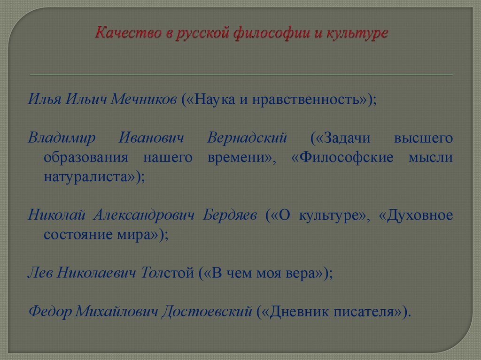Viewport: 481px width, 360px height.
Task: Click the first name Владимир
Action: (x=62, y=138)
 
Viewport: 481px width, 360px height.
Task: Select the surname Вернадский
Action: (x=247, y=138)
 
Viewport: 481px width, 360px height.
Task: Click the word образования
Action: (x=86, y=158)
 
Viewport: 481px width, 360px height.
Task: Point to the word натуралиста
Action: (x=89, y=177)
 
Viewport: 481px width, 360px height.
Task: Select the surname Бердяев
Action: (x=231, y=215)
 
